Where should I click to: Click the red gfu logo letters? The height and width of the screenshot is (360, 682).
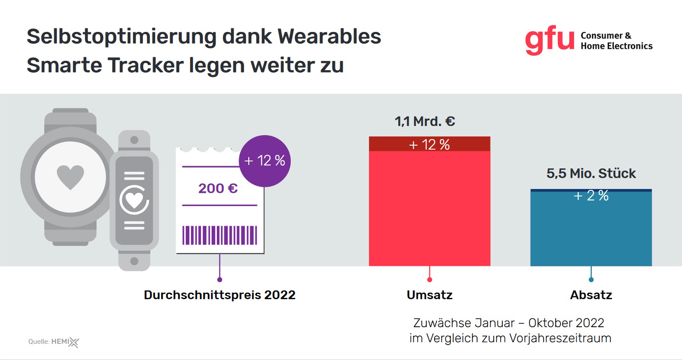coord(550,41)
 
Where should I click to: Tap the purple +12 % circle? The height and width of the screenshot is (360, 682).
coord(264,161)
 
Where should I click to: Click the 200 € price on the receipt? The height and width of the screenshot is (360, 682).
coord(218,189)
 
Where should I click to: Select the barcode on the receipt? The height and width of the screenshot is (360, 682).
coord(219,235)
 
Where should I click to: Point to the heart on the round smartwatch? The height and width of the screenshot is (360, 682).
coord(70,177)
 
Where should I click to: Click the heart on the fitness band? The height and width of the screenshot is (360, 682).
coord(134,200)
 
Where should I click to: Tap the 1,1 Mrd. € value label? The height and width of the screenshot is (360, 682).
coord(425,121)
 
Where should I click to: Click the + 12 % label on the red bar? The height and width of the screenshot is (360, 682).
coord(429,145)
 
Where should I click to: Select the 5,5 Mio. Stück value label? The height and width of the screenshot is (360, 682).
coord(591,174)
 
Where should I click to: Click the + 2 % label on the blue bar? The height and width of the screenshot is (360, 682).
coord(591,196)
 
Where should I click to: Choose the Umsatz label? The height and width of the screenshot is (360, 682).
coord(429,295)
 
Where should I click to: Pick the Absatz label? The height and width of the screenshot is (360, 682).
coord(591,295)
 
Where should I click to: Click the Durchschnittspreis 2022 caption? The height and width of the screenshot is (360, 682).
coord(219,295)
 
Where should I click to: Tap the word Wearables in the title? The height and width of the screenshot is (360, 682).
coord(329,36)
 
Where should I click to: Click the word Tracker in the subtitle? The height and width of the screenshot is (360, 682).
coord(145,66)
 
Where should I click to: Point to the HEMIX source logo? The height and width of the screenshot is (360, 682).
coord(66,342)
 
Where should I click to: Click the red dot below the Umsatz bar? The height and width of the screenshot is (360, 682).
coord(429,280)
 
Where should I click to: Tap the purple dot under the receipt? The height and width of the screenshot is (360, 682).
coord(219,280)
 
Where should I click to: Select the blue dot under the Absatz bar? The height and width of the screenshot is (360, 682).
coord(591,280)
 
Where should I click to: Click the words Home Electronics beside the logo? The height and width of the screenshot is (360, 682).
coord(616,46)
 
